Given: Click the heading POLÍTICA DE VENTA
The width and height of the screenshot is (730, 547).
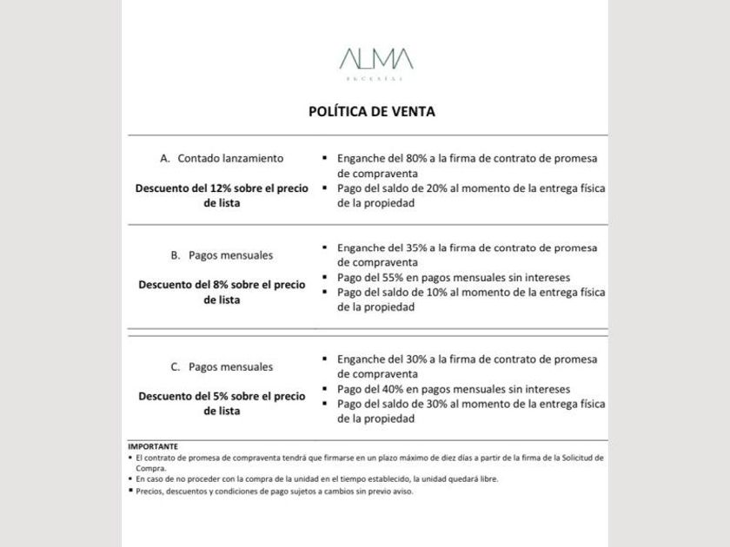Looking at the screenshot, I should (372, 111).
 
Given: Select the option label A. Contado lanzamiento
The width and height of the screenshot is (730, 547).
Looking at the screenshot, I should (222, 159).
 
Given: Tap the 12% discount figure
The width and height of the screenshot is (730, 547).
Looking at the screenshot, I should (222, 188).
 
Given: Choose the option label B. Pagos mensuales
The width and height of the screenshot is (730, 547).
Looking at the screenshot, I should (222, 255).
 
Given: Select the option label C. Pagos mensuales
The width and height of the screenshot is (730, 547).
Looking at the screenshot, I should (222, 366).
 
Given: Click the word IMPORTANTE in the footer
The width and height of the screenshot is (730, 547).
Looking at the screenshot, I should (153, 446).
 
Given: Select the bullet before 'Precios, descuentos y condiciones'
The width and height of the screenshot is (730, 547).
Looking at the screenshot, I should (130, 491).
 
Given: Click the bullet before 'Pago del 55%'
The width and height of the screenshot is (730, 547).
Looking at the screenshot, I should (324, 278).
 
